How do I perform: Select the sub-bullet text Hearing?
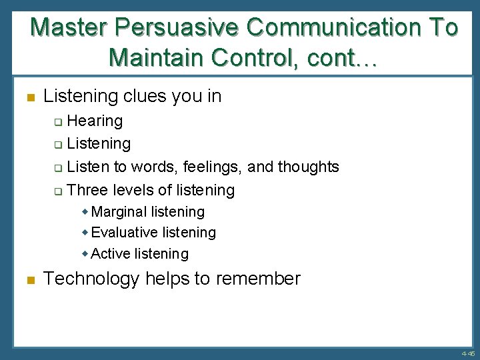pyautogui.click(x=95, y=121)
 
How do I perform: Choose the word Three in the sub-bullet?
pyautogui.click(x=87, y=190)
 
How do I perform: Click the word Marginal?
pyautogui.click(x=119, y=212)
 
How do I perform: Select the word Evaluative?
pyautogui.click(x=123, y=233)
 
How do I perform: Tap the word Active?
pyautogui.click(x=111, y=253)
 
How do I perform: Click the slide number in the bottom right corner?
pyautogui.click(x=466, y=353)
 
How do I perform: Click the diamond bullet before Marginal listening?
pyautogui.click(x=85, y=212)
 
